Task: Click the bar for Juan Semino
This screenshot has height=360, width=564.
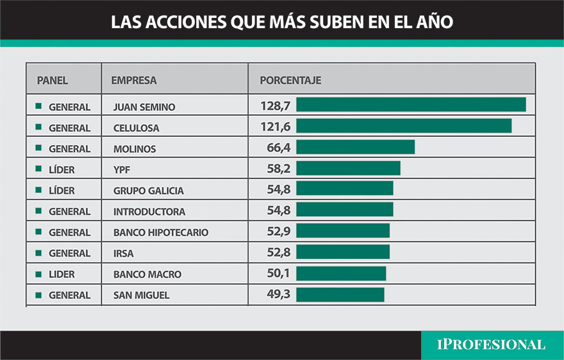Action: click(411, 104)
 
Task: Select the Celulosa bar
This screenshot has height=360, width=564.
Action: click(404, 126)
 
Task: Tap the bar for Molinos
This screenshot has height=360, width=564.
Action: click(355, 147)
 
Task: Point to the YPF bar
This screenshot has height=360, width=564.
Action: click(348, 168)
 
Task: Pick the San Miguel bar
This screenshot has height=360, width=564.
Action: click(340, 294)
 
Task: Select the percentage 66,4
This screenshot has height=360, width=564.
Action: click(279, 148)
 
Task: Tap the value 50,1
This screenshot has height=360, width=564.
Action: click(279, 274)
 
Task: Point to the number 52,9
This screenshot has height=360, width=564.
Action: click(279, 232)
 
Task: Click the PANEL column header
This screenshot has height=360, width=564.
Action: click(53, 81)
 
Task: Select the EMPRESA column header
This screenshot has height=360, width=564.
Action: click(134, 81)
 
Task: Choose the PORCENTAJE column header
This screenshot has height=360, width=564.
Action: click(290, 81)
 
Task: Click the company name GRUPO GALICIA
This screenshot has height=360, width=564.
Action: click(148, 191)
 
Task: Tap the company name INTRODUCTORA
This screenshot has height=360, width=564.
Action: click(149, 211)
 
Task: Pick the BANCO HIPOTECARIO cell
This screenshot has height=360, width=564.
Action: click(160, 233)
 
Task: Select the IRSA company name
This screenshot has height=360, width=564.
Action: click(123, 254)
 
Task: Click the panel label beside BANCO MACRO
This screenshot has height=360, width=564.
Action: click(62, 274)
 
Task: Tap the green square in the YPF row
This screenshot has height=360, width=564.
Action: click(38, 169)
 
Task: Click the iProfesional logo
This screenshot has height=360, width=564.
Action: click(491, 345)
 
